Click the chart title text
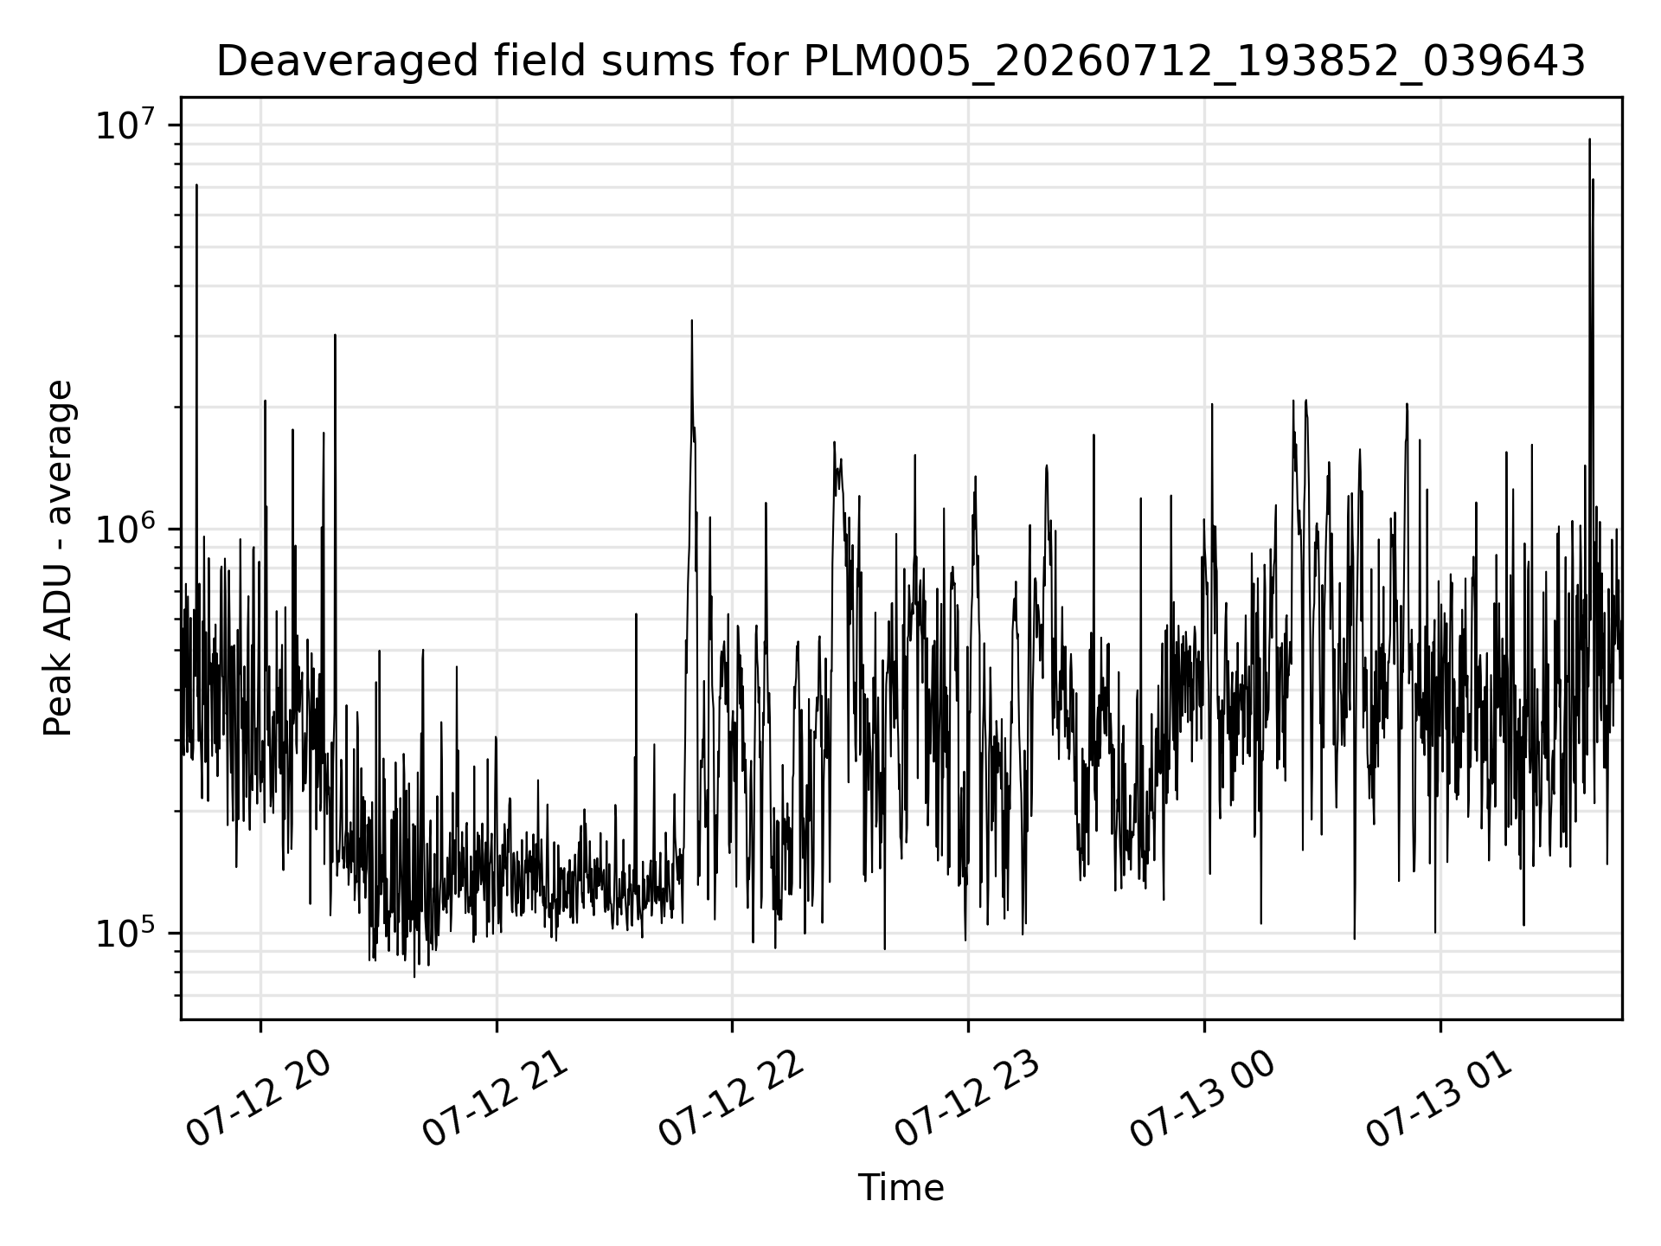pyautogui.click(x=901, y=62)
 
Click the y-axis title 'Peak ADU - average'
pyautogui.click(x=58, y=558)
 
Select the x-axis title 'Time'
pyautogui.click(x=901, y=1188)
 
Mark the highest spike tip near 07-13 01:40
pyautogui.click(x=1589, y=139)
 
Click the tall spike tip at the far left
pyautogui.click(x=197, y=185)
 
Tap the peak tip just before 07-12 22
pyautogui.click(x=692, y=321)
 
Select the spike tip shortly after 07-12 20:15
pyautogui.click(x=335, y=335)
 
